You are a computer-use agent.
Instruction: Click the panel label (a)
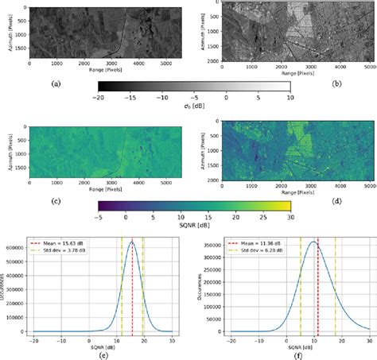[55, 83]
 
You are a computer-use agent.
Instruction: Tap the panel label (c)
[55, 200]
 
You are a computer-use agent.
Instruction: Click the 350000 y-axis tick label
[208, 242]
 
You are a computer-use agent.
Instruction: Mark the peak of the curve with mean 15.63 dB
[132, 242]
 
